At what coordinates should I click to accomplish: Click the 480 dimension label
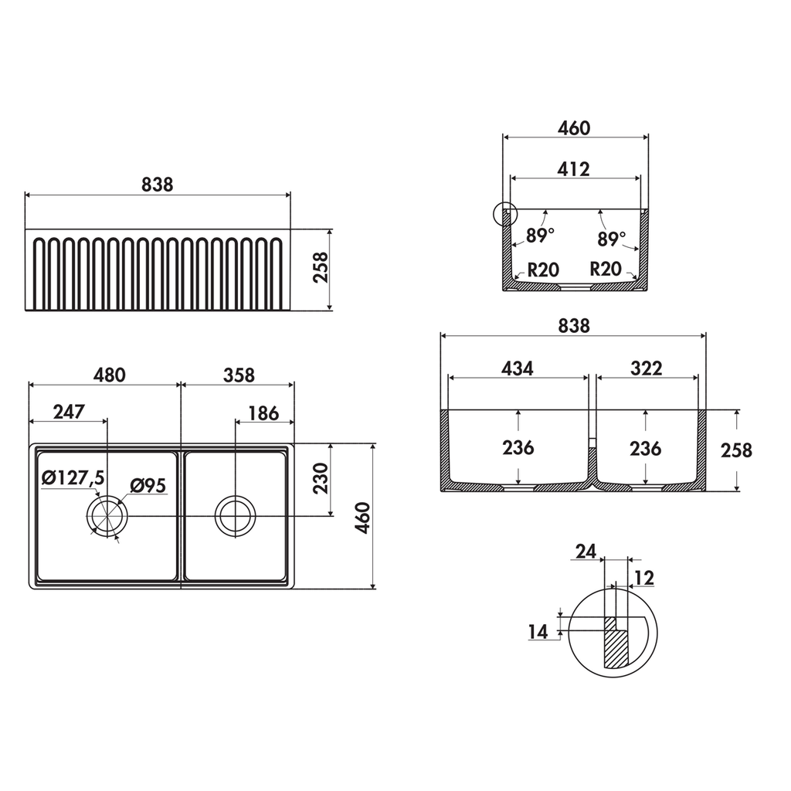[x=110, y=375]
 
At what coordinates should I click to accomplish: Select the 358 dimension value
[x=239, y=375]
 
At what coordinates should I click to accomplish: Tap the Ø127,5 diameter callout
[x=73, y=477]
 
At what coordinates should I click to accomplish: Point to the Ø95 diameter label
[x=148, y=485]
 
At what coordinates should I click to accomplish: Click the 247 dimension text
[x=69, y=412]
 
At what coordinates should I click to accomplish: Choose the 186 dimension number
[x=263, y=414]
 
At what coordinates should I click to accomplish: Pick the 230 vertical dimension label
[x=321, y=478]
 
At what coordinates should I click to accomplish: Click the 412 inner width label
[x=574, y=169]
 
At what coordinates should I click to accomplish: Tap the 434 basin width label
[x=517, y=368]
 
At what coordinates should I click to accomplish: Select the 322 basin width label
[x=647, y=368]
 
